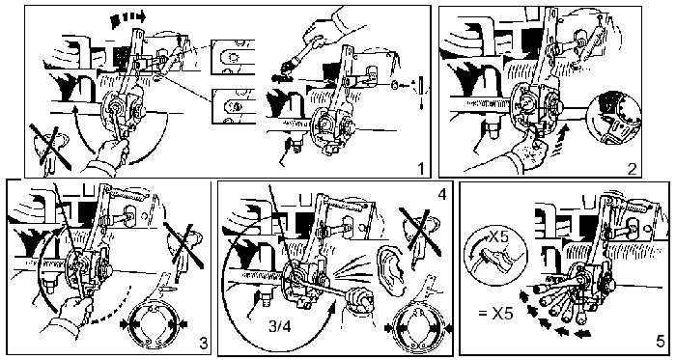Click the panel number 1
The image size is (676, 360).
click(421, 168)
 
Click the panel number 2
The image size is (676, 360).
click(632, 169)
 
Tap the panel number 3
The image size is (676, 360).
click(203, 344)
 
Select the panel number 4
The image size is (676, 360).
click(441, 194)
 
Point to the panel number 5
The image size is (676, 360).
click(660, 342)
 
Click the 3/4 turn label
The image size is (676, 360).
click(279, 326)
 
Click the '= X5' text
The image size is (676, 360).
click(495, 313)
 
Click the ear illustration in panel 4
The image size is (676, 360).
click(390, 268)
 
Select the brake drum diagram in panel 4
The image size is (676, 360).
click(418, 329)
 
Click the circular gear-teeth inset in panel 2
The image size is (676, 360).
click(614, 118)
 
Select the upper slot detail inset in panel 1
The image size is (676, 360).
click(233, 57)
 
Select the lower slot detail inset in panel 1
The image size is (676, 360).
click(233, 107)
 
